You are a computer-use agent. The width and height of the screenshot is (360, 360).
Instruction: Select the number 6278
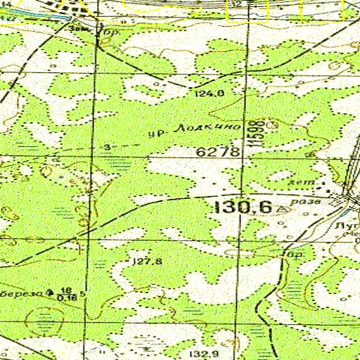pyautogui.click(x=219, y=152)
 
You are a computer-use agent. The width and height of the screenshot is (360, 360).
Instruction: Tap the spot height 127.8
pyautogui.click(x=148, y=262)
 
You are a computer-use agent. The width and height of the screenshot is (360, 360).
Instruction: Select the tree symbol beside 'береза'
pyautogui.click(x=49, y=290)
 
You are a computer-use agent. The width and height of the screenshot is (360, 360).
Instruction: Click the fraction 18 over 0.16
pyautogui.click(x=67, y=294)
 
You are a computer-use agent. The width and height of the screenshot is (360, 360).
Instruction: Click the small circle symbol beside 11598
pyautogui.click(x=272, y=122)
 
